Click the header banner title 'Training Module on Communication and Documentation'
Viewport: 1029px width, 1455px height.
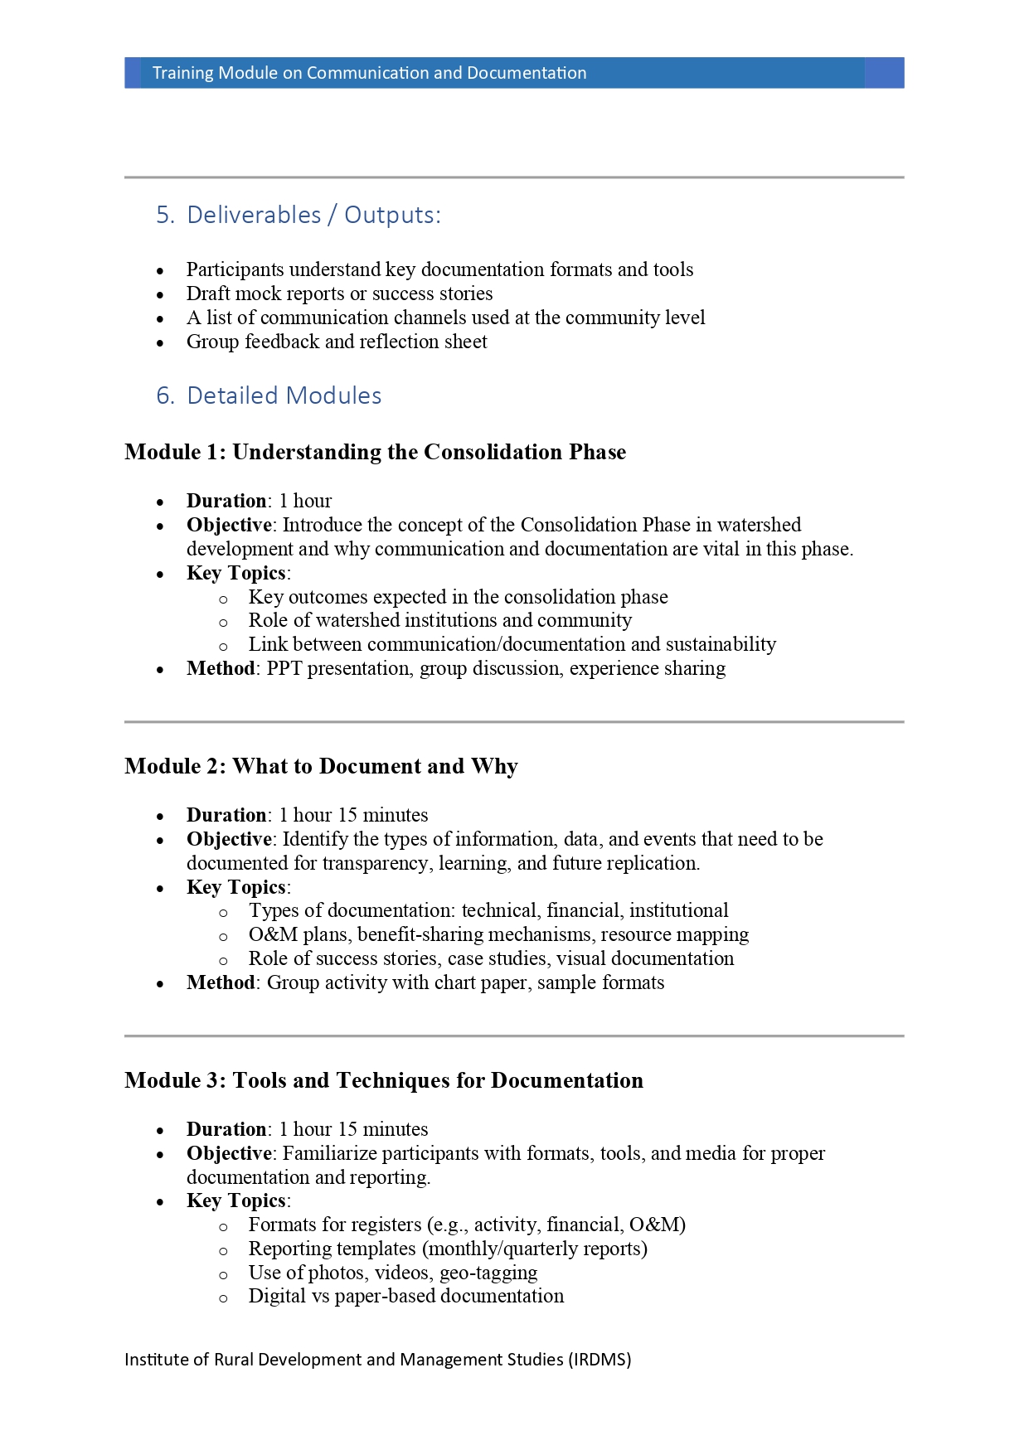[x=369, y=73]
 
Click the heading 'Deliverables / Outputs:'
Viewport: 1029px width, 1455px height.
[x=313, y=215]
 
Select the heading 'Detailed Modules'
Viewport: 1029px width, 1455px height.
[x=284, y=395]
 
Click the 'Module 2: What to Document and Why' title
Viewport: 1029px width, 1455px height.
[x=321, y=766]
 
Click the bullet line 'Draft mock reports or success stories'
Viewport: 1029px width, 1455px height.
[x=339, y=293]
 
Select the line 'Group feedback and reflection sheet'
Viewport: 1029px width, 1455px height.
[x=337, y=342]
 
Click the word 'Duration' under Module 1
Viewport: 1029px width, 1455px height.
[x=226, y=501]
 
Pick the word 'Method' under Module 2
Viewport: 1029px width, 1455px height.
[x=221, y=982]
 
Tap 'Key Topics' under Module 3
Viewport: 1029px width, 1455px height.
[x=236, y=1200]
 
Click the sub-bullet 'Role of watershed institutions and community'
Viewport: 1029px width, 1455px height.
[x=439, y=620]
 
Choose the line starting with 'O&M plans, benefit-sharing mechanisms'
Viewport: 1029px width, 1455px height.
[x=498, y=934]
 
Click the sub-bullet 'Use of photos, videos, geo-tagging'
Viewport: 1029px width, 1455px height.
[x=393, y=1273]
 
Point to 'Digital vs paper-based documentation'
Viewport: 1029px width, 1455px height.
[x=405, y=1296]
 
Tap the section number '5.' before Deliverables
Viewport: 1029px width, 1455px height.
[x=165, y=215]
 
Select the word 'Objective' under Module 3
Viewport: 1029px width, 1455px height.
[x=229, y=1153]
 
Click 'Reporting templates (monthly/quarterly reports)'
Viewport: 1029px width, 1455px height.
[x=448, y=1249]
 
